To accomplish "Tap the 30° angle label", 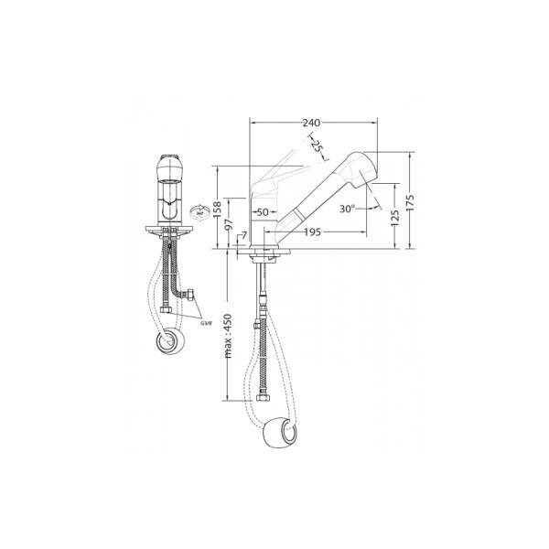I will pyautogui.click(x=346, y=208).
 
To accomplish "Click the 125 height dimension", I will pyautogui.click(x=394, y=217).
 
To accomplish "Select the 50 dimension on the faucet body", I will pyautogui.click(x=263, y=212).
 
